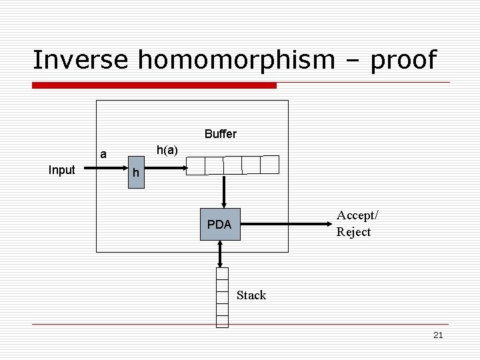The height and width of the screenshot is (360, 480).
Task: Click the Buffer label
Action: pyautogui.click(x=221, y=134)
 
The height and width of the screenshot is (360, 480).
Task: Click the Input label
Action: pyautogui.click(x=62, y=170)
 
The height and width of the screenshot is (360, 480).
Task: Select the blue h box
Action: pyautogui.click(x=135, y=173)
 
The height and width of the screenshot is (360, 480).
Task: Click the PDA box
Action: pyautogui.click(x=219, y=225)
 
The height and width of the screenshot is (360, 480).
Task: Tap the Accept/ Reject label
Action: pyautogui.click(x=357, y=223)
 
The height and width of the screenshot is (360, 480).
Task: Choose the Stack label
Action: pyautogui.click(x=251, y=295)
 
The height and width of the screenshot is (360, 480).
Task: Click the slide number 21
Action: pyautogui.click(x=438, y=335)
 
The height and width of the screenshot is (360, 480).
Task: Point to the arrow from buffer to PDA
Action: pyautogui.click(x=224, y=192)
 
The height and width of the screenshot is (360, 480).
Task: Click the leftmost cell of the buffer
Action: pyautogui.click(x=197, y=165)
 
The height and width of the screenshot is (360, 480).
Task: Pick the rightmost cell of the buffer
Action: pyautogui.click(x=270, y=165)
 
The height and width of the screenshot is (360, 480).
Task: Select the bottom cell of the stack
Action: pyautogui.click(x=222, y=321)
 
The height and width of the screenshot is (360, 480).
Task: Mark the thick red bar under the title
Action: pyautogui.click(x=155, y=85)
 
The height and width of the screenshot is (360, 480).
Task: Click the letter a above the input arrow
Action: pyautogui.click(x=103, y=155)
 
